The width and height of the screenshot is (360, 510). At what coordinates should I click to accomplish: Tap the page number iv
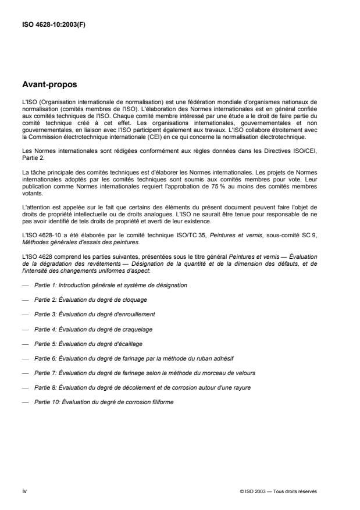[24, 490]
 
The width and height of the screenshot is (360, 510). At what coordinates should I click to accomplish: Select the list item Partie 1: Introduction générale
[111, 286]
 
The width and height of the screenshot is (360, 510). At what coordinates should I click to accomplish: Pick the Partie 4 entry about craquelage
[90, 329]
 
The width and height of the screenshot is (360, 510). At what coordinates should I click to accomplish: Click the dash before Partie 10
[24, 402]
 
